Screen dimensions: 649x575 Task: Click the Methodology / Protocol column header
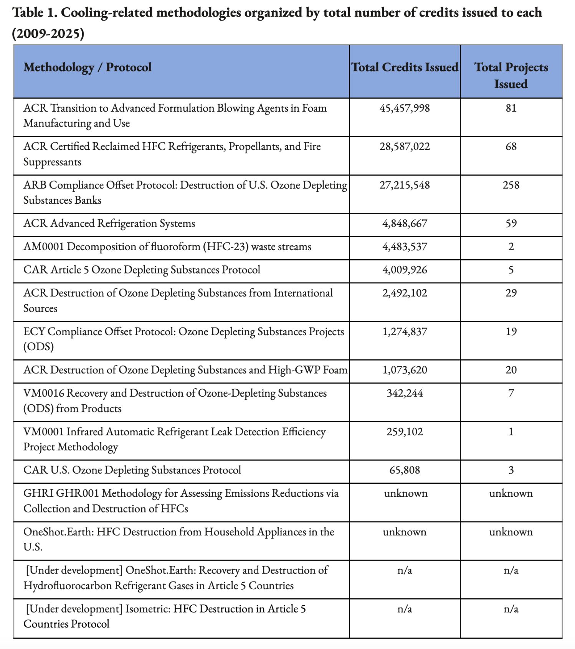[88, 68]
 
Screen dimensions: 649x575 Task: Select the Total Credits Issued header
[405, 68]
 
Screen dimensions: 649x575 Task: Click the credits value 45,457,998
[405, 108]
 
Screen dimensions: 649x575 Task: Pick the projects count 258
[511, 185]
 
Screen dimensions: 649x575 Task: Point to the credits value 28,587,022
[405, 147]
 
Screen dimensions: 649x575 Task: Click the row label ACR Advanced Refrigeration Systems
[109, 224]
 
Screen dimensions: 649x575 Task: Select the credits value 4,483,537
[405, 247]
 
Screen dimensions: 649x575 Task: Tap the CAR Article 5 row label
[142, 270]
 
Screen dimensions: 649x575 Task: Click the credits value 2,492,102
[405, 293]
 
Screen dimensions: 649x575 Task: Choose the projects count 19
[511, 332]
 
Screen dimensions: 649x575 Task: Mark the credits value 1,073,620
[405, 370]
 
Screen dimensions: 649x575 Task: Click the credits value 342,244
[405, 394]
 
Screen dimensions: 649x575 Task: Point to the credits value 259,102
[405, 432]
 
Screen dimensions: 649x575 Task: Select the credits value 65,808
[405, 470]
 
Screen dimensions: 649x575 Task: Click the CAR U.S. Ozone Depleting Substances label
[132, 470]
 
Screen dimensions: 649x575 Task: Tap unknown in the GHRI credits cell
[406, 494]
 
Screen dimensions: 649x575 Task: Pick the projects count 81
[511, 108]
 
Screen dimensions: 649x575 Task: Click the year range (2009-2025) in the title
[48, 34]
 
